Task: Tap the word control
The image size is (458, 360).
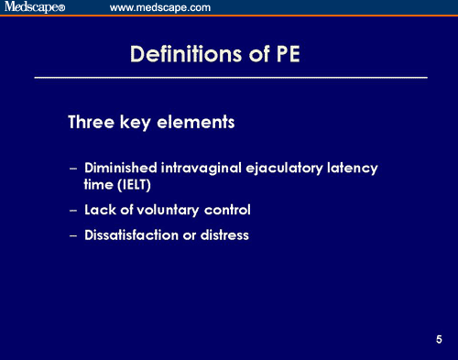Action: (229, 210)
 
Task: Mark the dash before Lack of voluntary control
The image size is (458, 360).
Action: (73, 211)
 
